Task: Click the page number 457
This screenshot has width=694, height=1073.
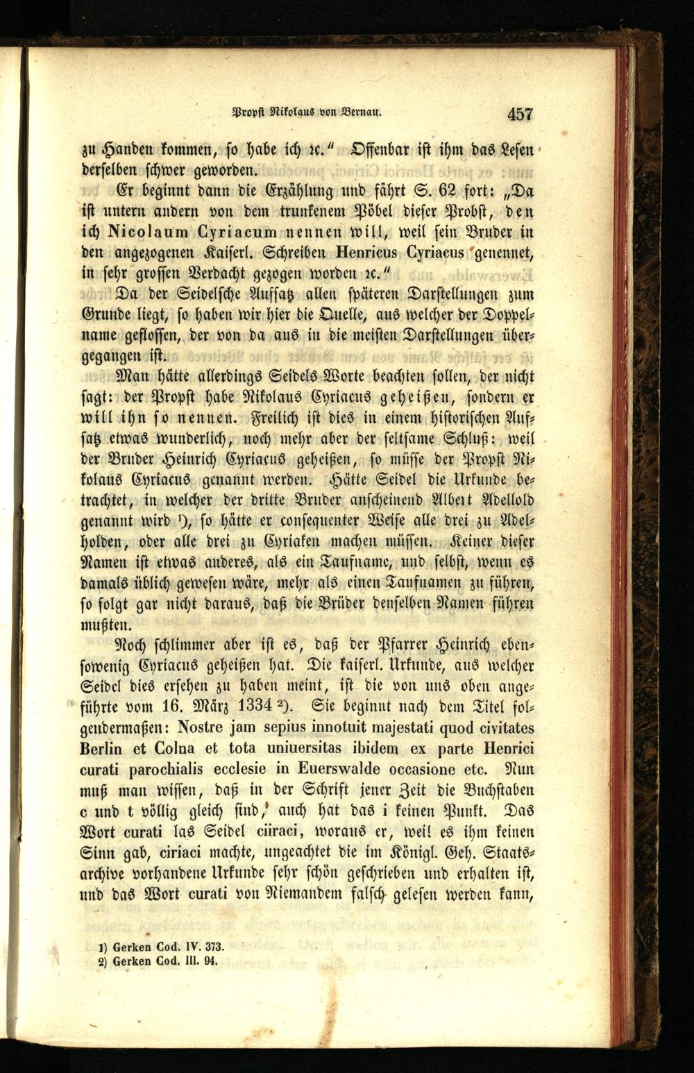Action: (x=519, y=114)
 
